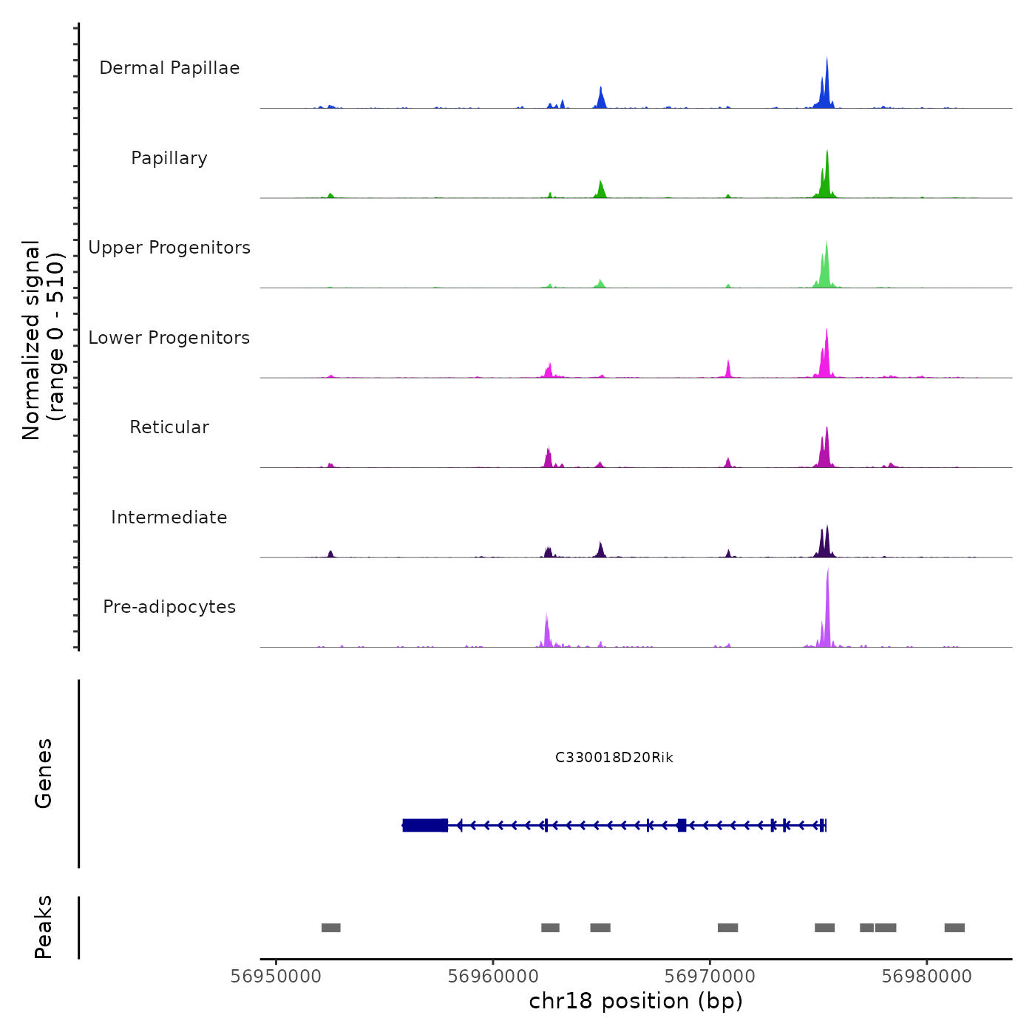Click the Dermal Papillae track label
(x=169, y=68)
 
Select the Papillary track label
(x=169, y=158)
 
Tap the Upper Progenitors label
(x=169, y=248)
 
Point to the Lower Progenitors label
(x=169, y=338)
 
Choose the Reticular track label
(x=169, y=427)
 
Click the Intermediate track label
(x=169, y=517)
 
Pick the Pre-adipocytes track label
(x=169, y=607)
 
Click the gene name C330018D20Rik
(x=614, y=758)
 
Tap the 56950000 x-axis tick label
(x=276, y=977)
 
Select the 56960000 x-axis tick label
(x=493, y=977)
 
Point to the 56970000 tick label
(x=710, y=977)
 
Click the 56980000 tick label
(x=926, y=977)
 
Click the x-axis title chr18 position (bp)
(x=636, y=1002)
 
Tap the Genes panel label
(x=44, y=773)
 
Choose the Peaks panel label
(x=44, y=927)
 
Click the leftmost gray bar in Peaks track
(x=330, y=928)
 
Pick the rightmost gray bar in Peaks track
(x=954, y=928)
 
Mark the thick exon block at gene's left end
(x=425, y=825)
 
